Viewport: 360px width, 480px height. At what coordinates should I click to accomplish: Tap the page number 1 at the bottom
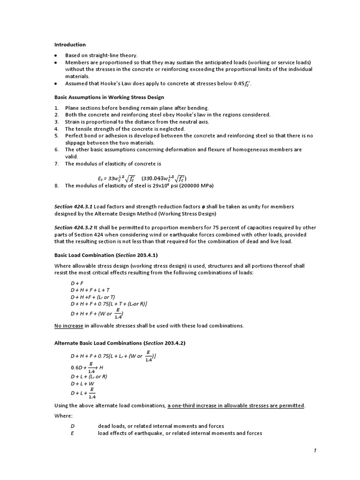(315, 450)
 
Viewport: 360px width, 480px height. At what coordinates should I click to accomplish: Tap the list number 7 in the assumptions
(56, 164)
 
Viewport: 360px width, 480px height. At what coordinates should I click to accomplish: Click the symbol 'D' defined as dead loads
(73, 426)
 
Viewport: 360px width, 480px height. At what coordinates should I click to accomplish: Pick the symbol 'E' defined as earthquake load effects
(73, 433)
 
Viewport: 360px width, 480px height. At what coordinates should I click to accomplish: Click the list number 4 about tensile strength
(56, 129)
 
